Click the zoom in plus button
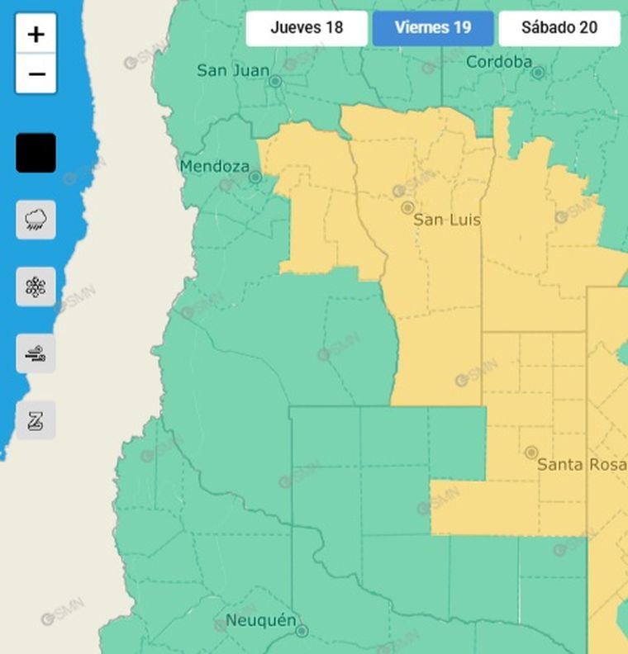coord(36,34)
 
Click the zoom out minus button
coord(36,74)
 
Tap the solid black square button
coord(36,153)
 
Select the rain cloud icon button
coord(36,220)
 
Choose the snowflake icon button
coord(36,287)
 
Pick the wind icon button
coord(36,354)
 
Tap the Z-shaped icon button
coord(36,421)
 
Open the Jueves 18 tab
coord(307,28)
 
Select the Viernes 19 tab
coord(433,28)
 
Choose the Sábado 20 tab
coord(559,28)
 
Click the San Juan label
coord(233,71)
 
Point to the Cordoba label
coord(498,62)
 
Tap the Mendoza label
coord(214,167)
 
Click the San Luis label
coord(446,220)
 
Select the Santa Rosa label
coord(581,465)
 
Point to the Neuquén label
coord(260,620)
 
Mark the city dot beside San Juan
coord(276,82)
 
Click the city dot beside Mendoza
coord(255,177)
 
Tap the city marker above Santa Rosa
coord(531,453)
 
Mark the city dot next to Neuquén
coord(302,631)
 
